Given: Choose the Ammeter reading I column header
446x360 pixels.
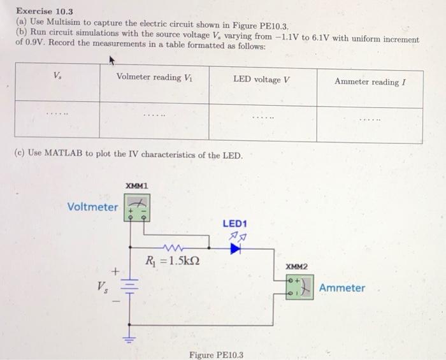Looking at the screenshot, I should pos(370,82).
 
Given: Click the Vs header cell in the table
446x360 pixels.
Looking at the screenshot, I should pos(58,75).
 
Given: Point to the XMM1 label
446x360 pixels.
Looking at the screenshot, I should pos(137,185).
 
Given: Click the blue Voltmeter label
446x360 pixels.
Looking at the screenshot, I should pos(92,207).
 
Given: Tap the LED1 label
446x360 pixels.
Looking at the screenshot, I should pos(234,224).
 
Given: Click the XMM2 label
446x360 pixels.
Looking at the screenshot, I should pos(296,266).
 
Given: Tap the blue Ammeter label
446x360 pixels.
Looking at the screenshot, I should pos(342,288).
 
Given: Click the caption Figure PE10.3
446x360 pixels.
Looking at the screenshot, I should pos(216,355).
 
